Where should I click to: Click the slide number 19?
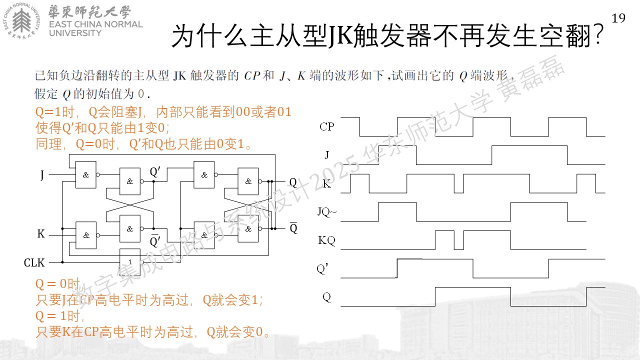(618, 18)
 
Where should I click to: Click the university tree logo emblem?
(21, 21)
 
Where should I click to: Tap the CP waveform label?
(326, 126)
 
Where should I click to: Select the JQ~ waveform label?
(327, 211)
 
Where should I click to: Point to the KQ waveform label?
(326, 240)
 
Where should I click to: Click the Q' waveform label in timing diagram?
(322, 268)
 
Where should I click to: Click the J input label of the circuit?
(42, 175)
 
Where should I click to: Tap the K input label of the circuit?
(41, 233)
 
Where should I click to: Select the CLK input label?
(34, 262)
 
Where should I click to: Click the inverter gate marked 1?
(130, 261)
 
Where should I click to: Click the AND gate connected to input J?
(85, 174)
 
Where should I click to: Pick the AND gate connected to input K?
(85, 235)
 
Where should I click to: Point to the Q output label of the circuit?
(293, 182)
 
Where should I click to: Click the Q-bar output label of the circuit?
(293, 227)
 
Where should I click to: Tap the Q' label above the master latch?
(155, 171)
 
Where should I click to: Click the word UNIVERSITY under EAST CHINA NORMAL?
(75, 33)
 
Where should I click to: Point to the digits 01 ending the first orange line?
(284, 111)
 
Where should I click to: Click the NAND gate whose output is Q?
(248, 181)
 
